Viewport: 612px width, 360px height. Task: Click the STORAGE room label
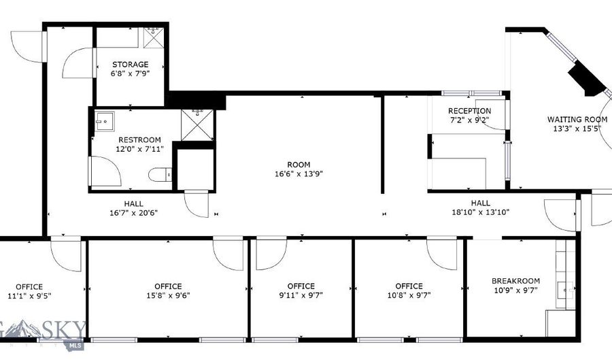pos(130,65)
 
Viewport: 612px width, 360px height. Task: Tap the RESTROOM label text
pos(139,140)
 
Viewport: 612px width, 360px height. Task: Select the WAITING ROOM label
pos(577,119)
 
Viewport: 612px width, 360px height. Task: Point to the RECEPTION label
pos(469,111)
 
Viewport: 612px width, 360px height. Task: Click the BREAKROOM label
pos(515,281)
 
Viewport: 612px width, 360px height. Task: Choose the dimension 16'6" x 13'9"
pos(299,174)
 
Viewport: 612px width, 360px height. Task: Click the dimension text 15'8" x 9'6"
pos(167,295)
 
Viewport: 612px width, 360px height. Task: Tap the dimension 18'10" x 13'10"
pos(481,212)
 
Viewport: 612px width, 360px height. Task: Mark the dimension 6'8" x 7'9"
pos(130,73)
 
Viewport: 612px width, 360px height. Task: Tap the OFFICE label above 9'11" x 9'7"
pos(301,286)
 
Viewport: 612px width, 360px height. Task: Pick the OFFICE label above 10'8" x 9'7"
pos(409,286)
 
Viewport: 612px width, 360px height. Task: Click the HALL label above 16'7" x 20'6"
pos(133,203)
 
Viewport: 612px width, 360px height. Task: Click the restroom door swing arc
pos(106,171)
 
